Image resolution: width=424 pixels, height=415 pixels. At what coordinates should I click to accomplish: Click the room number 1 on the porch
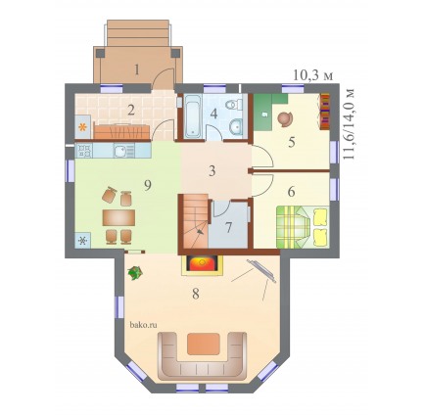pos(137,69)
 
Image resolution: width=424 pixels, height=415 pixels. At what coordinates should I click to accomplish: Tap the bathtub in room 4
pos(193,115)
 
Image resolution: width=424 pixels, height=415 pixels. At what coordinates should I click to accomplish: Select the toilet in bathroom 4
pos(234,105)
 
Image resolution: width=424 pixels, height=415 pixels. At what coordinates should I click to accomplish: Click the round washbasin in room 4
pos(236,126)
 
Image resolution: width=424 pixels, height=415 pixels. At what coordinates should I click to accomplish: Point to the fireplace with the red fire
pos(202,263)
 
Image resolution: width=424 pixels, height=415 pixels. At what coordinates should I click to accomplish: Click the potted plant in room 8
pos(135,273)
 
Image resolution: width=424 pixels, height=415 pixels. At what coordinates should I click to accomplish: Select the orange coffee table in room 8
pos(203,344)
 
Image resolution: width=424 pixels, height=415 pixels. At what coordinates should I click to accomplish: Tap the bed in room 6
pos(303,227)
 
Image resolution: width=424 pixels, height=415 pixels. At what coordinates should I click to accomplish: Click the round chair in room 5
pos(285,119)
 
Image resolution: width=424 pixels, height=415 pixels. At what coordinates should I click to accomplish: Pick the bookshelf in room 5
pos(324,112)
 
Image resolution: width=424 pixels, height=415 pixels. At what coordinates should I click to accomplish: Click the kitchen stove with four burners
pos(84,151)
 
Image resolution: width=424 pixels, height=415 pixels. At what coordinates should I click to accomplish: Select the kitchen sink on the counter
pos(123,151)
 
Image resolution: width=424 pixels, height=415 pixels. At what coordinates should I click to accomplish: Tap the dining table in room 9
pos(118,217)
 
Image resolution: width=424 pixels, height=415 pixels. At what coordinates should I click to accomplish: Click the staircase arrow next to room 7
pos(199,231)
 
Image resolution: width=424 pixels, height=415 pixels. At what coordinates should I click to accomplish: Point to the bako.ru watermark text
pos(144,325)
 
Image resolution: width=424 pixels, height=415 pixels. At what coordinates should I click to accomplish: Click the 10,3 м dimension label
pos(313,75)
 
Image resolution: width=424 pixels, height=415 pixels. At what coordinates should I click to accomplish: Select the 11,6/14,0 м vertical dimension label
pos(349,123)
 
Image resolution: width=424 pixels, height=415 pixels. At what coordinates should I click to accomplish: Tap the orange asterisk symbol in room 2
pos(83,127)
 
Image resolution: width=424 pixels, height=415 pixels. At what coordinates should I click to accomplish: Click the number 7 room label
pos(228,227)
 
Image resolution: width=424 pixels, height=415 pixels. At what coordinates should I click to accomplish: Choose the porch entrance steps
pos(138,33)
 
